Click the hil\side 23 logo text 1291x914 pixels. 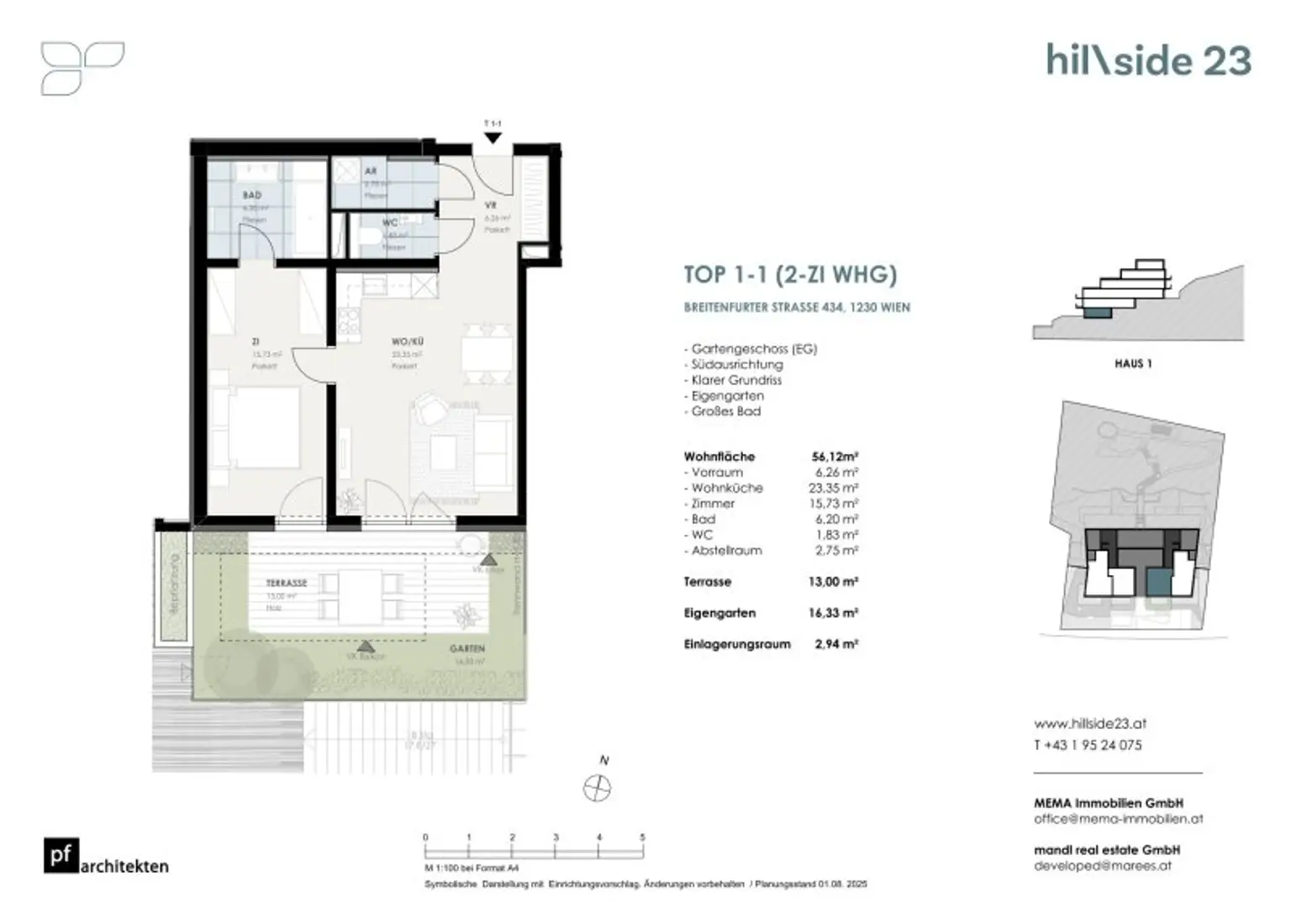click(1148, 61)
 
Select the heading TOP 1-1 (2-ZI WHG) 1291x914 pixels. click(790, 275)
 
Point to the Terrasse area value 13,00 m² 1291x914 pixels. click(833, 582)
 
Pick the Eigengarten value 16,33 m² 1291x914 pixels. click(833, 613)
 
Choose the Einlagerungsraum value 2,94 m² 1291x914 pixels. click(835, 644)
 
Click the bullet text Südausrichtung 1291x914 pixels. click(737, 364)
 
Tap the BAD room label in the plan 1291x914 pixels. click(252, 195)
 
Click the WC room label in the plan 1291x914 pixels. click(390, 223)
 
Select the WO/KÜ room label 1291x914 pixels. click(408, 342)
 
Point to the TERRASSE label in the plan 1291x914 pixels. click(287, 583)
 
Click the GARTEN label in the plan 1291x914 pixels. click(466, 649)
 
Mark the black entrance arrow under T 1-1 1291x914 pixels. click(493, 138)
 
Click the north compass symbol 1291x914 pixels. click(597, 789)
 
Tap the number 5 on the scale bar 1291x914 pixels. click(642, 837)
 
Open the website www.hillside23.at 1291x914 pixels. click(1089, 723)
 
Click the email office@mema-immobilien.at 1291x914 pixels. click(1118, 818)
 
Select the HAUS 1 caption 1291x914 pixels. click(1133, 364)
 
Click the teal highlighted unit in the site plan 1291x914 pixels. click(1159, 581)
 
